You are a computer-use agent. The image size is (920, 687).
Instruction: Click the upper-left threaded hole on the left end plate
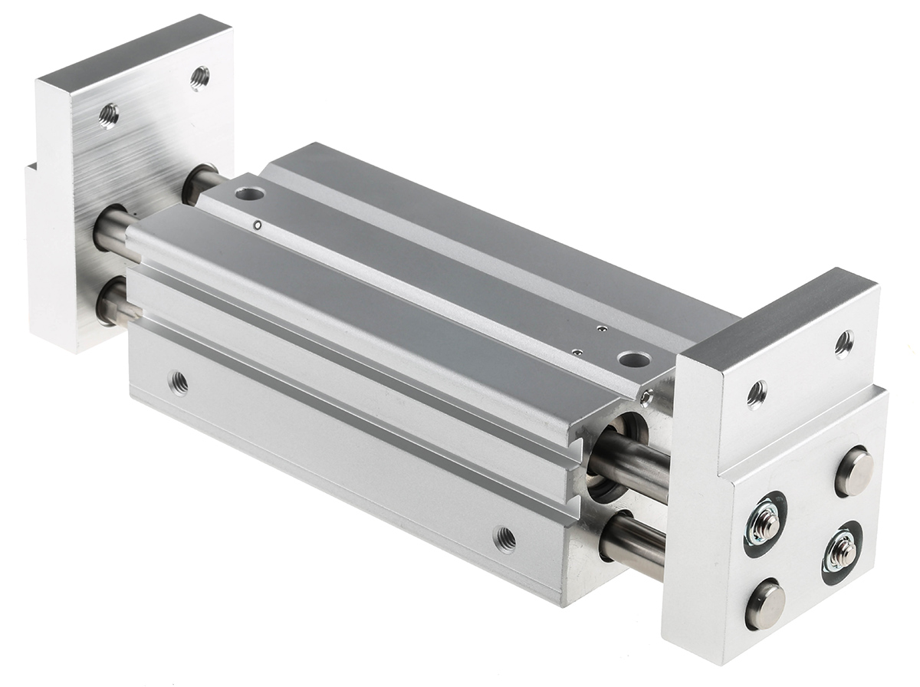click(109, 115)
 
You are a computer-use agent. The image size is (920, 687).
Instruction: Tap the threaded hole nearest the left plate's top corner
click(199, 77)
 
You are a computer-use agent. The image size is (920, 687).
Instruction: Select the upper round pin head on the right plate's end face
click(854, 472)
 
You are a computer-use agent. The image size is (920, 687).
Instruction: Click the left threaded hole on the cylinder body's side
click(179, 381)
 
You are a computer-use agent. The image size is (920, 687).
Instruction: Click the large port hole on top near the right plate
click(632, 359)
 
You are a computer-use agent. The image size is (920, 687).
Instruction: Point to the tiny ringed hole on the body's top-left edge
click(258, 225)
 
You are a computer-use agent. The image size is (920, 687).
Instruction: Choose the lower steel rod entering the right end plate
click(632, 543)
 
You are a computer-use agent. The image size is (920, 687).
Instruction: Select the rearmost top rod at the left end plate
click(201, 182)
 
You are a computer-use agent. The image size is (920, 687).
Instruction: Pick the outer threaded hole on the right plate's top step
click(844, 343)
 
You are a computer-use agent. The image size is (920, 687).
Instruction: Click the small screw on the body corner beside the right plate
click(648, 396)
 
